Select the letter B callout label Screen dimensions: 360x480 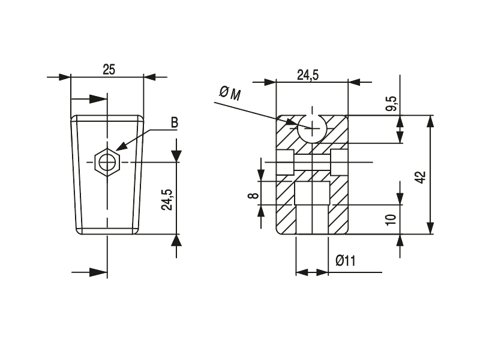[x=175, y=122]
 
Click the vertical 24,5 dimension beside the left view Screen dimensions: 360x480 [x=167, y=199]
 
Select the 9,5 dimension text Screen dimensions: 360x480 [x=392, y=103]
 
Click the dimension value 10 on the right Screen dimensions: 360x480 [x=392, y=219]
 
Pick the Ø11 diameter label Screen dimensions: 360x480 [x=346, y=260]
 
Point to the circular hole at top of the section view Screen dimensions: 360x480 [x=312, y=127]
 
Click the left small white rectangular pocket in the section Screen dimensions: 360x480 [x=284, y=162]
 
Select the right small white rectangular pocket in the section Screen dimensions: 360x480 [x=339, y=162]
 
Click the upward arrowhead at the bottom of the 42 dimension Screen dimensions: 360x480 [x=430, y=228]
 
